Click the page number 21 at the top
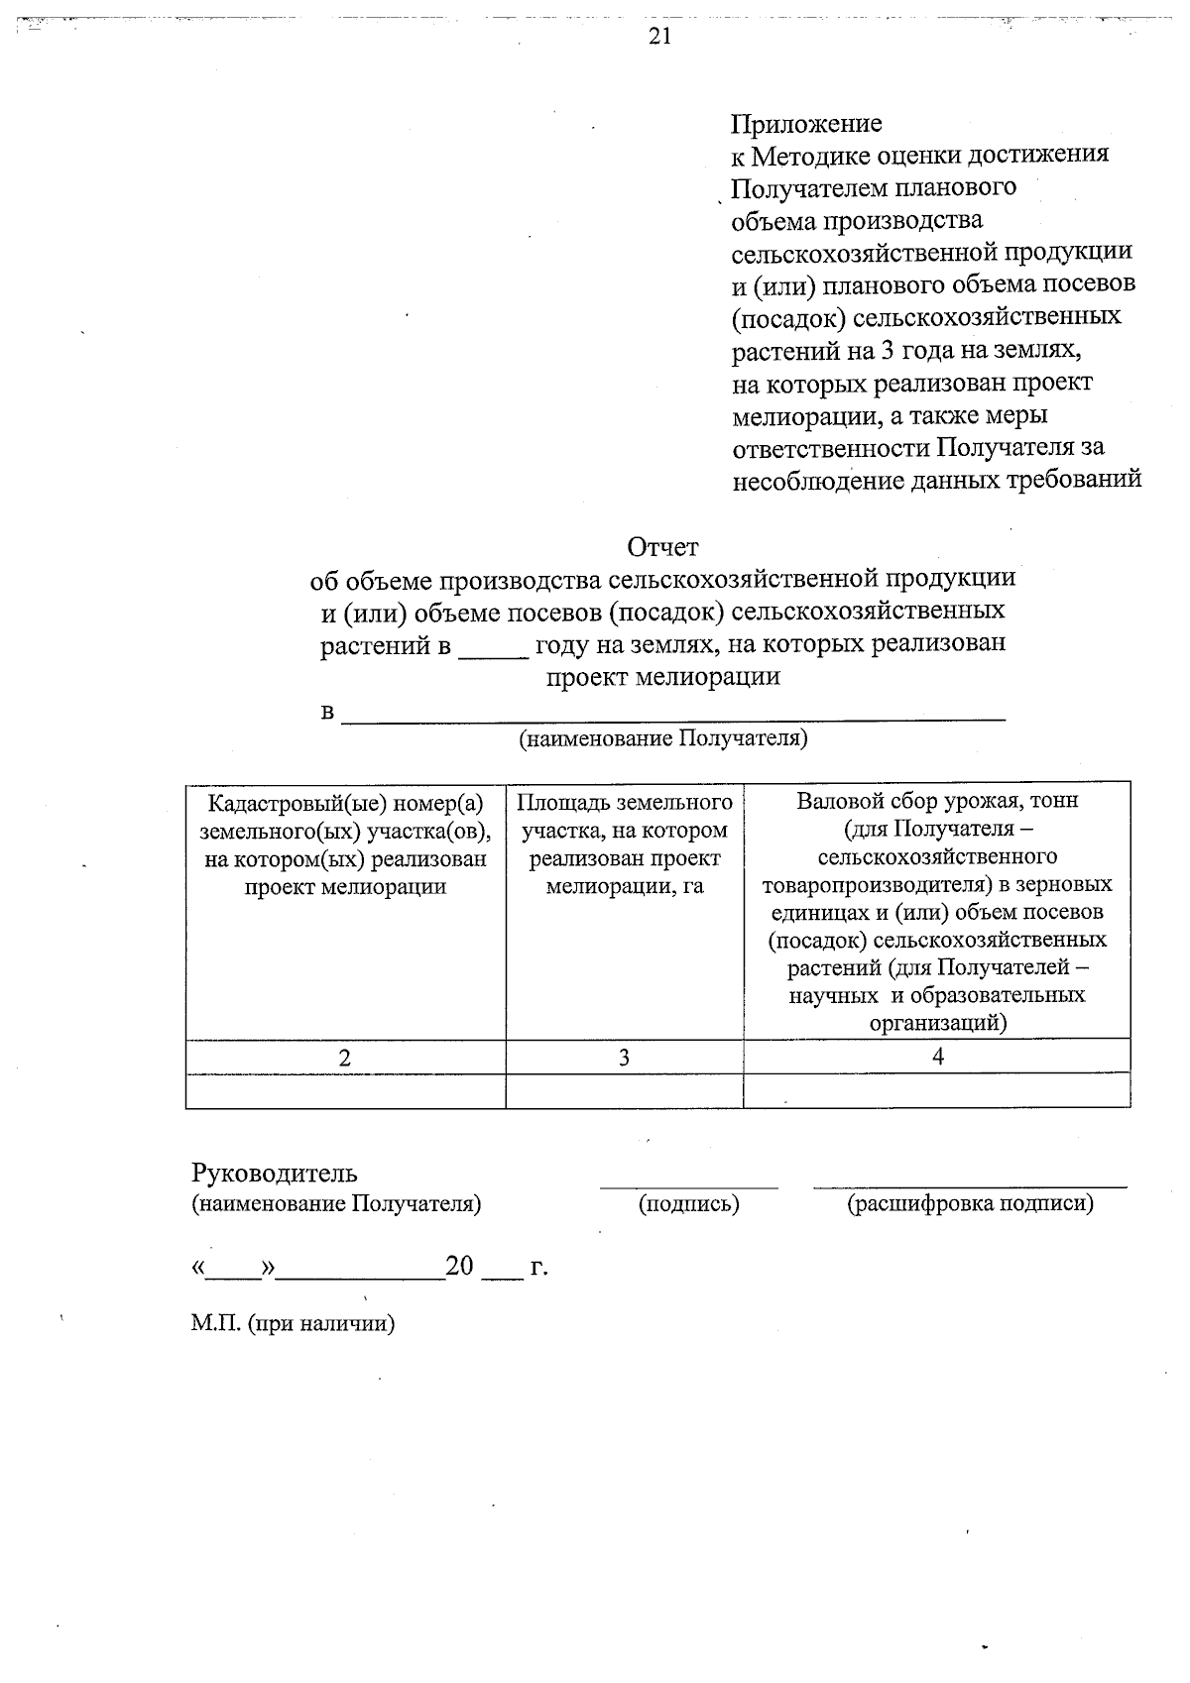pyautogui.click(x=659, y=37)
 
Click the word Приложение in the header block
pyautogui.click(x=805, y=124)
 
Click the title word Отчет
pyautogui.click(x=661, y=546)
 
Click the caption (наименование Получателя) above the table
pyautogui.click(x=662, y=738)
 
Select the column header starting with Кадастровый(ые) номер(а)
pyautogui.click(x=345, y=843)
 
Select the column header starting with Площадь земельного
pyautogui.click(x=625, y=843)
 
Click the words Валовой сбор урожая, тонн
pyautogui.click(x=936, y=801)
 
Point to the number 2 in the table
pyautogui.click(x=344, y=1058)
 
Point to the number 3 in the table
pyautogui.click(x=624, y=1058)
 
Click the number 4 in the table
pyautogui.click(x=937, y=1057)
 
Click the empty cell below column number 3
pyautogui.click(x=624, y=1090)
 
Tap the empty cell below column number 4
pyautogui.click(x=937, y=1090)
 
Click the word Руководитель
pyautogui.click(x=274, y=1174)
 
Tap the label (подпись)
pyautogui.click(x=688, y=1204)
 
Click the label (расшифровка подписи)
pyautogui.click(x=970, y=1204)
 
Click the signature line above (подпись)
pyautogui.click(x=688, y=1185)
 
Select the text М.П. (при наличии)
pyautogui.click(x=293, y=1324)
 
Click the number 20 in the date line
pyautogui.click(x=460, y=1266)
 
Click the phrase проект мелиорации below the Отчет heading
pyautogui.click(x=662, y=677)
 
